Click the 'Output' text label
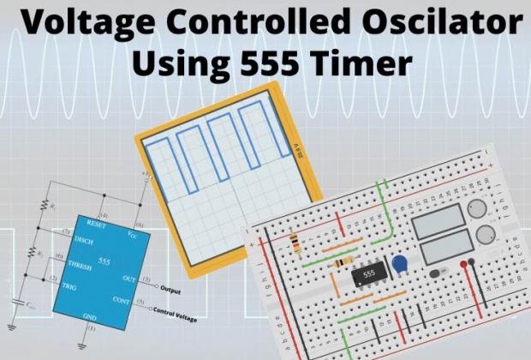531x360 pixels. coord(175,288)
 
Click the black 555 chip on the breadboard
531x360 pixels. coord(369,273)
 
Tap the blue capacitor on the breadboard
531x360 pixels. coord(398,264)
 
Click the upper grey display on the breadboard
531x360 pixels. coord(439,221)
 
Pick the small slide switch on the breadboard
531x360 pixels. coord(440,272)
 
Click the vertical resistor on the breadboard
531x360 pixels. coord(293,242)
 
